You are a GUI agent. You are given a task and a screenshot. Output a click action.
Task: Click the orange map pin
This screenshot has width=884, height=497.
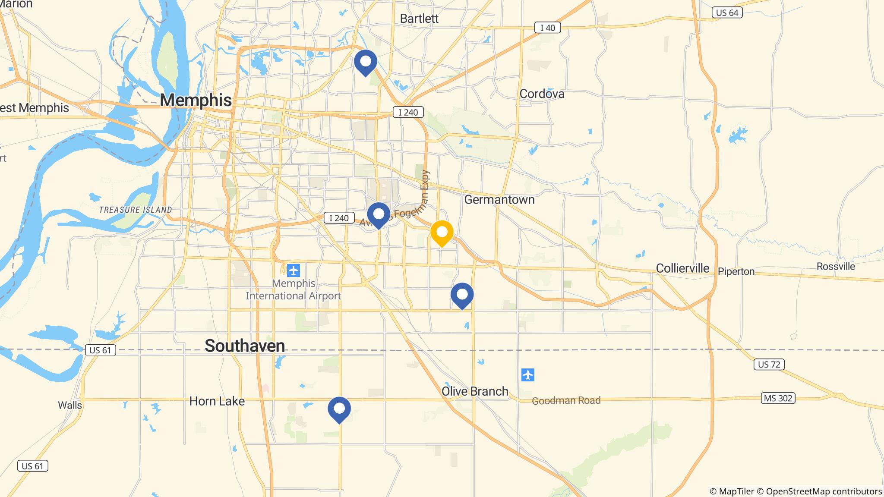point(442,233)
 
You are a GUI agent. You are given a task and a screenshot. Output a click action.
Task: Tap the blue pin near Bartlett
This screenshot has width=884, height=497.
point(365,62)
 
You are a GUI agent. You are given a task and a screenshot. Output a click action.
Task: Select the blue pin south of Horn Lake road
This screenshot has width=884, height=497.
point(339,409)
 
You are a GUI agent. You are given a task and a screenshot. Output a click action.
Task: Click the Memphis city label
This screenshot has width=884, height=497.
point(196,100)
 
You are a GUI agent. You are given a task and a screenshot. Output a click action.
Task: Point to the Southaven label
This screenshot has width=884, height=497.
point(245,346)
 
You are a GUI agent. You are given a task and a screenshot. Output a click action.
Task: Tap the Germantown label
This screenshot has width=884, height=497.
point(499,200)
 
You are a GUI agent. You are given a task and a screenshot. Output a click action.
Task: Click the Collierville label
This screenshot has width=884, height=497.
point(682,268)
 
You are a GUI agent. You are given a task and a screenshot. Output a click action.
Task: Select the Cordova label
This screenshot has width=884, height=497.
point(542,94)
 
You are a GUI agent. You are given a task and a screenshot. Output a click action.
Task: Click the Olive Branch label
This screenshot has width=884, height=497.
point(475,391)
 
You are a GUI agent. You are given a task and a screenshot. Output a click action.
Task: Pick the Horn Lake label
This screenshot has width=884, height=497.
point(217,401)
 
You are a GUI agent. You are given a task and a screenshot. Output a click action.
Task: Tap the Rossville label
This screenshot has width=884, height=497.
point(836,266)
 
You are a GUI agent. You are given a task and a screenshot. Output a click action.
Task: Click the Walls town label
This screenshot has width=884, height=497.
point(70,405)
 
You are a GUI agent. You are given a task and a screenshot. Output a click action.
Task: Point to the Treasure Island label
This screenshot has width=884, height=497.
point(136,210)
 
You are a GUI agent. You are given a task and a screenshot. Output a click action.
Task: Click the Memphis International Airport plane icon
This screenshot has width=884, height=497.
point(294,271)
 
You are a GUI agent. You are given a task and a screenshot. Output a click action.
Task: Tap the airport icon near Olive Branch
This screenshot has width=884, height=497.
point(528,375)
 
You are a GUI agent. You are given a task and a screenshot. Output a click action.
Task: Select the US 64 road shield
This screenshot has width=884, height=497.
point(727,13)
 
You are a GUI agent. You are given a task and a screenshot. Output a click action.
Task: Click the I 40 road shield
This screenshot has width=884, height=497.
point(547,28)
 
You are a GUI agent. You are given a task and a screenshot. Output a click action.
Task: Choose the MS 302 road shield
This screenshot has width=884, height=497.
point(778,398)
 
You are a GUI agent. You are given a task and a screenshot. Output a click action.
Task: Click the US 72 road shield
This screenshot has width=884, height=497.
point(769,365)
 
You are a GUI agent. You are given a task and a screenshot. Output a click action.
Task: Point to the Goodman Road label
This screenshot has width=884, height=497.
point(566,401)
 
